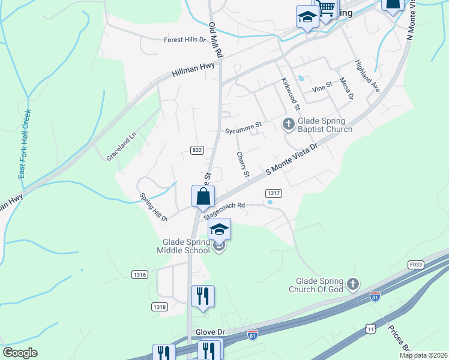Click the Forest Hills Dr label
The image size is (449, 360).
click(x=185, y=40)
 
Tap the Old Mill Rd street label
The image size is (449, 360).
click(x=215, y=40)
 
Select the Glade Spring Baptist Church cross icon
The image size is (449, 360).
click(x=288, y=124)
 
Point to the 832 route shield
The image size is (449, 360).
click(x=197, y=149)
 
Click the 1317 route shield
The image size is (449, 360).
click(x=274, y=193)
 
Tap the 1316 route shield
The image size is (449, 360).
click(x=140, y=274)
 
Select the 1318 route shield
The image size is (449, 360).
click(x=159, y=307)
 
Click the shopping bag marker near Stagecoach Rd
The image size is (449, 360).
click(x=203, y=196)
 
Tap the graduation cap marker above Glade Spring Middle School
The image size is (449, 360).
click(x=220, y=229)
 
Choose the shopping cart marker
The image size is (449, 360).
click(x=326, y=8)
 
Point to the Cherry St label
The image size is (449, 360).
click(x=243, y=165)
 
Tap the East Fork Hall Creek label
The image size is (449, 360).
click(x=24, y=143)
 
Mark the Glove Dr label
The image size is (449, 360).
click(x=209, y=332)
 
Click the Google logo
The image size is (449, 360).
click(x=20, y=353)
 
